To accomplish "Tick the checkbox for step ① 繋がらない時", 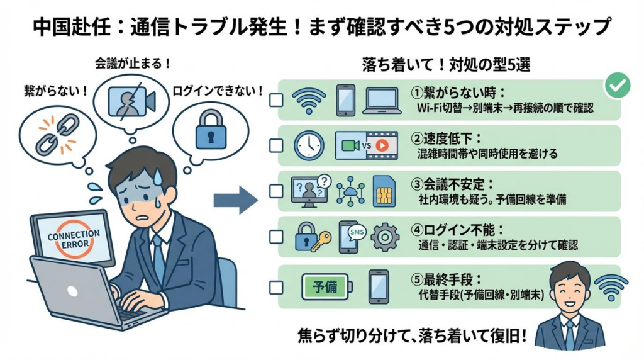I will pos(275,100).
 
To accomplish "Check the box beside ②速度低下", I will pos(275,145).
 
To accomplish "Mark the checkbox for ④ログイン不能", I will pos(275,237).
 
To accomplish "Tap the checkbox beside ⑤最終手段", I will pos(275,288).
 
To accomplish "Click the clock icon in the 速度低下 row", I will pos(309,145).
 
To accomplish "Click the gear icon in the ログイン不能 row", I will pos(385,237).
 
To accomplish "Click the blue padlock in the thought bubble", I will pos(211,128).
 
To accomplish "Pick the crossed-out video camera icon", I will pos(131,101).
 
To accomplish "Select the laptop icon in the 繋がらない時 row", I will pos(382,99).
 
